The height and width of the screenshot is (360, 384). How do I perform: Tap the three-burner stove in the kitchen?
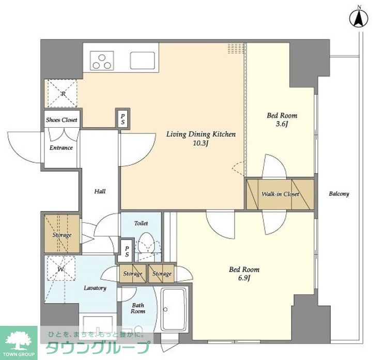102,61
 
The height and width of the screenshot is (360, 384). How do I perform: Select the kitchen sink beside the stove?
142,61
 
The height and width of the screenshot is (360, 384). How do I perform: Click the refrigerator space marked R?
63,93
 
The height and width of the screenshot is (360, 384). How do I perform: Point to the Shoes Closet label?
62,120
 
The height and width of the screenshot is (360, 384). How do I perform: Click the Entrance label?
61,147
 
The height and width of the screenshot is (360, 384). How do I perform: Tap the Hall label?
100,191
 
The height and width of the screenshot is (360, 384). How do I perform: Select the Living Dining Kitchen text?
201,134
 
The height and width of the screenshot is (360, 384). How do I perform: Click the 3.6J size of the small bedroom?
281,124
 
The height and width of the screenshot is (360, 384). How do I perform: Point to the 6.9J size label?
244,278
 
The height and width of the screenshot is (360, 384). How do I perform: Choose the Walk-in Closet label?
280,194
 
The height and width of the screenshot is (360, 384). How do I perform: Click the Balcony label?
339,194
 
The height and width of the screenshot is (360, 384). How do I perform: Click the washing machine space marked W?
61,268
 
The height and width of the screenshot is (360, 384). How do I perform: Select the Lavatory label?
95,288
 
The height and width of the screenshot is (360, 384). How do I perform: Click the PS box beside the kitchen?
122,118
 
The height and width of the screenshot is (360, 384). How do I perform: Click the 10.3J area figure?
201,143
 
